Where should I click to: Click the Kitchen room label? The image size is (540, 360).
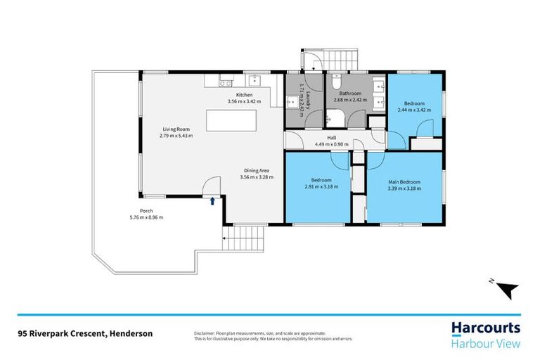coord(244,95)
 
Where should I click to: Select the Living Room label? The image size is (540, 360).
coord(176,129)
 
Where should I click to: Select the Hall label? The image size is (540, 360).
coord(331,138)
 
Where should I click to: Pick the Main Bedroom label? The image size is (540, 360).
coord(404,181)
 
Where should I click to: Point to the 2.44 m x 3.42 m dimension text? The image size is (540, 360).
coord(415,110)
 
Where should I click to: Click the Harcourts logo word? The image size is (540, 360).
coord(485,328)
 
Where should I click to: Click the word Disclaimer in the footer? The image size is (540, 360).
coord(205,333)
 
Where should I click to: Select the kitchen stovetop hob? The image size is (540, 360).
coord(226,82)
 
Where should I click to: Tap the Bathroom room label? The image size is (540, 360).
coord(349,94)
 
